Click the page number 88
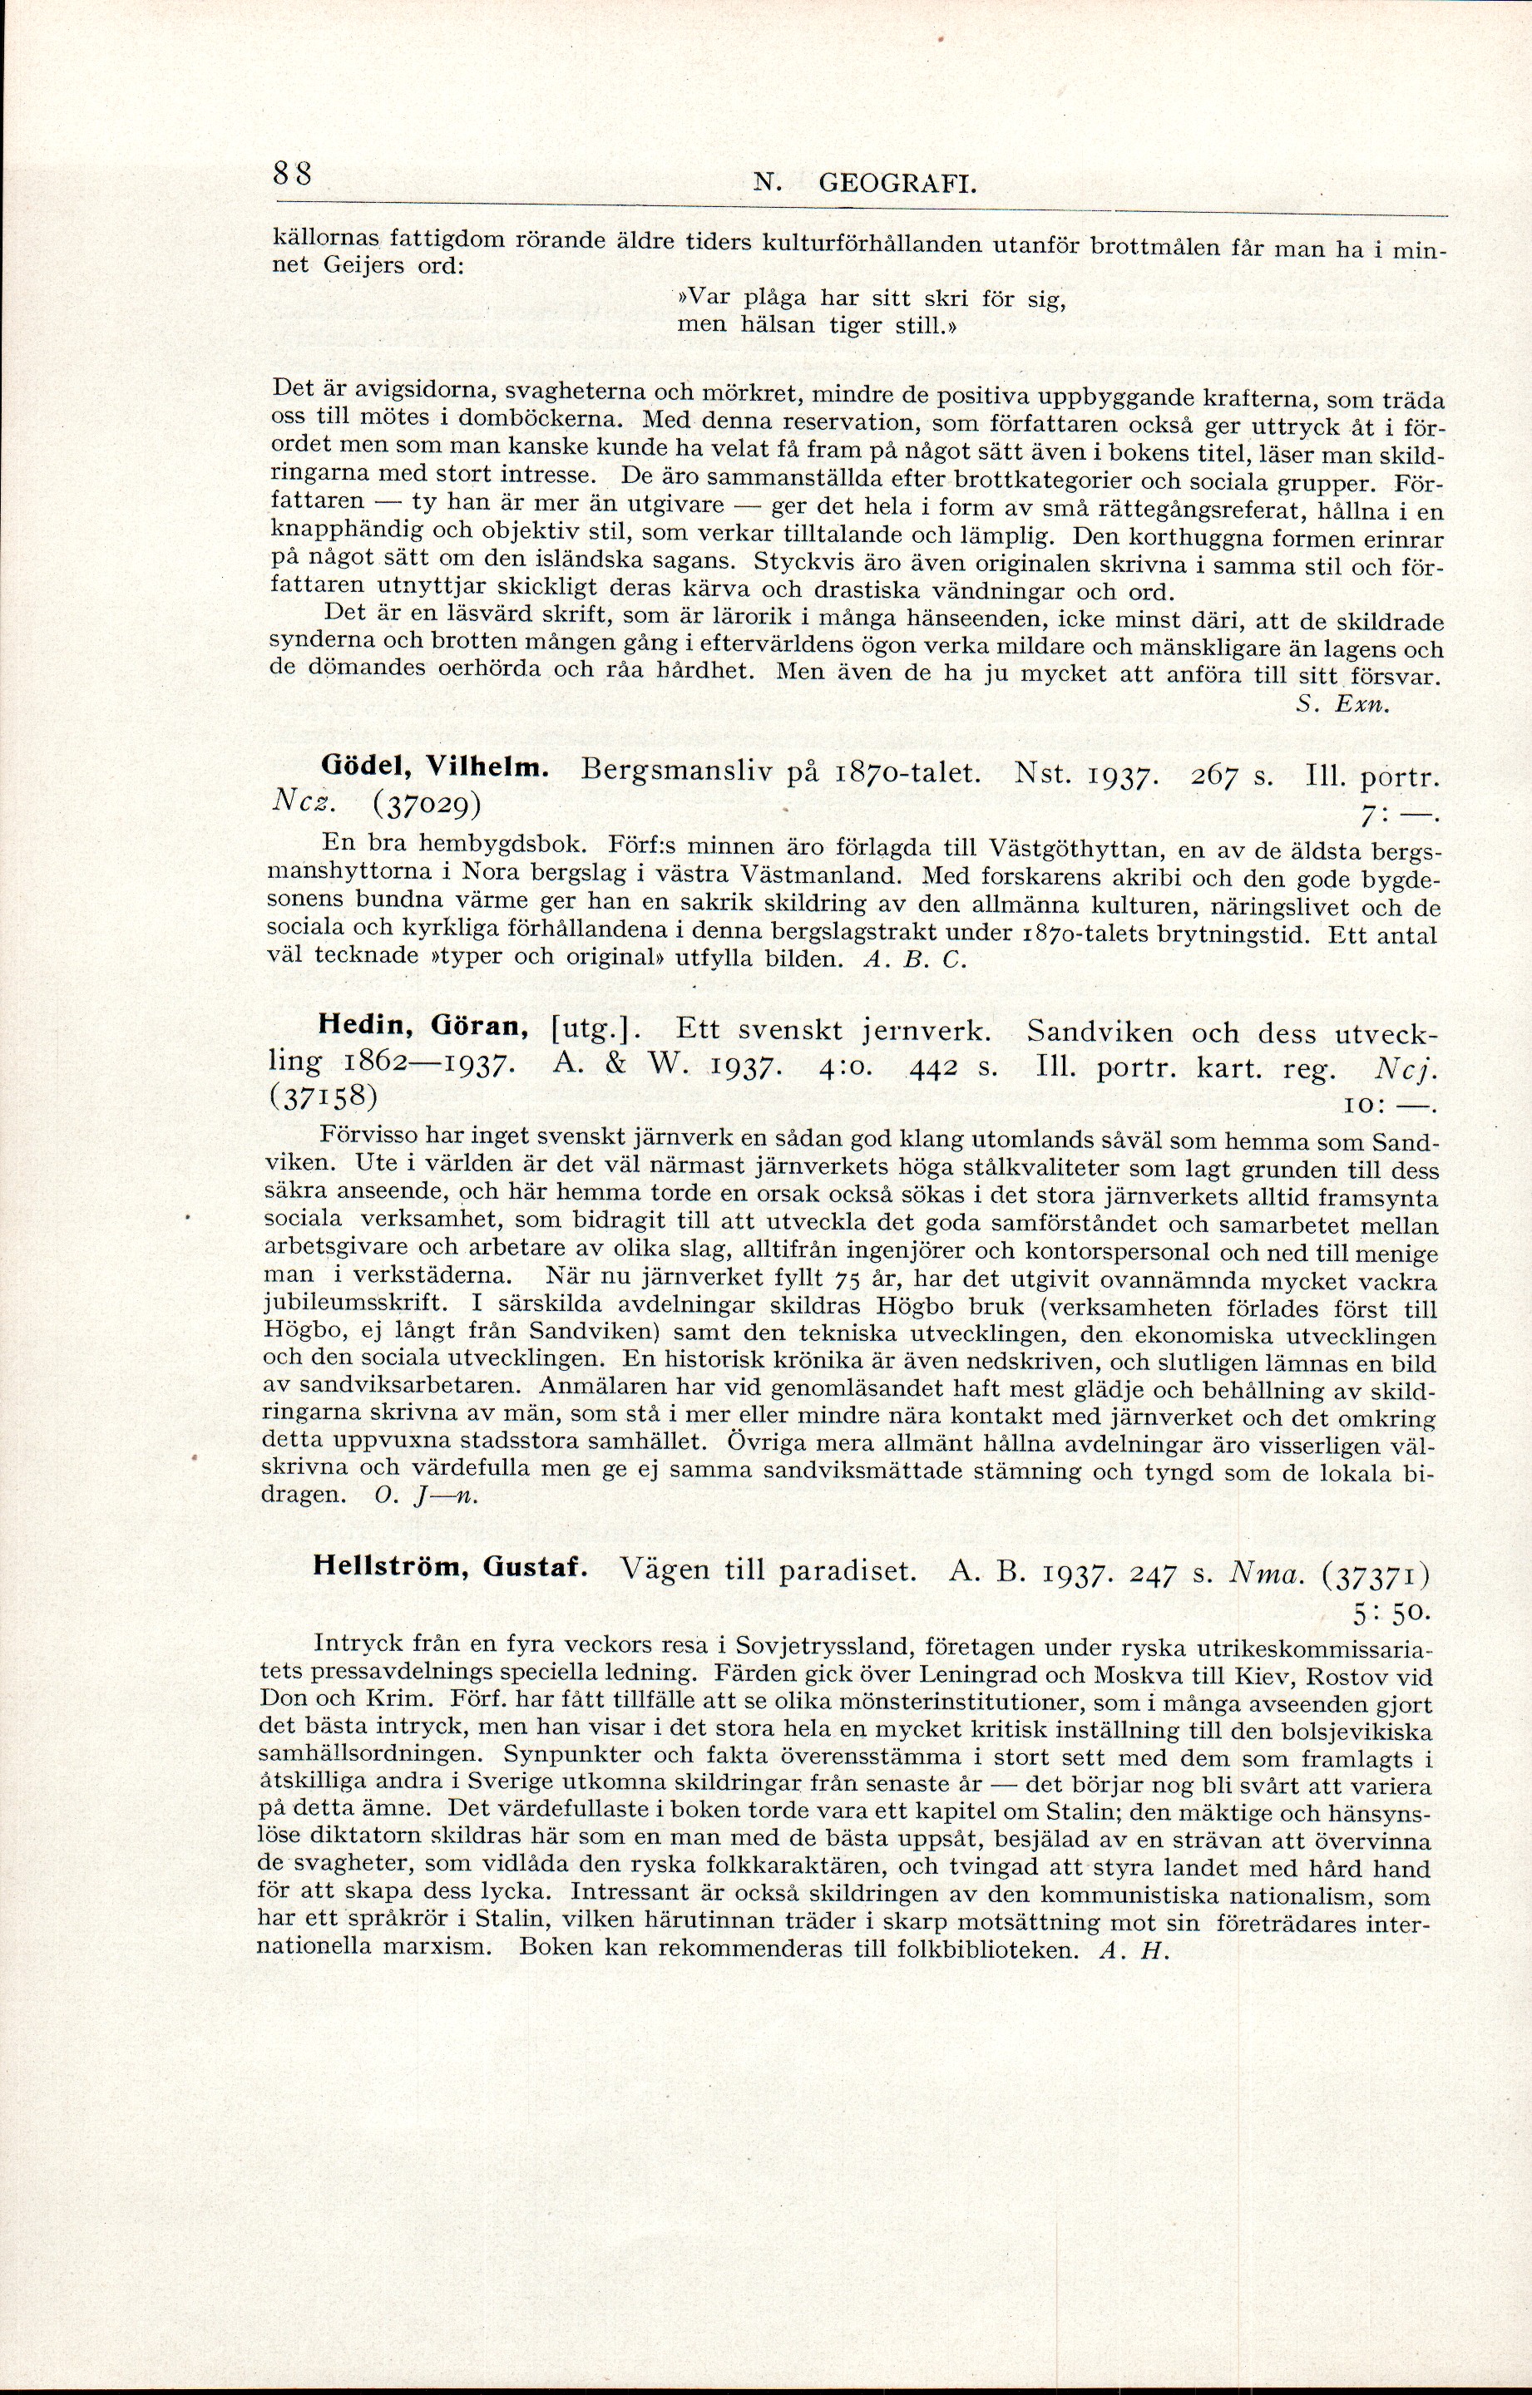294,173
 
